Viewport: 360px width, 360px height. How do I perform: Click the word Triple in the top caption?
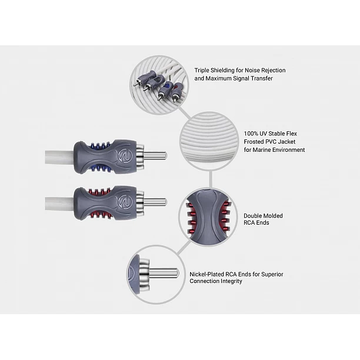[202, 70]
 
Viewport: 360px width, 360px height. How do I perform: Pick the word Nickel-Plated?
[206, 274]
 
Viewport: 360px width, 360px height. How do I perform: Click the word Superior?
[272, 274]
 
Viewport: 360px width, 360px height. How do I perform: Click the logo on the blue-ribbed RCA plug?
[125, 156]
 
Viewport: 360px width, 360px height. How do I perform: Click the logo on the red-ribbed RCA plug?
[125, 202]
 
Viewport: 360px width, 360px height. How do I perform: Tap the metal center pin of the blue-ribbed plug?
[155, 156]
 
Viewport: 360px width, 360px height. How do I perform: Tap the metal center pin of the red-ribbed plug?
[155, 202]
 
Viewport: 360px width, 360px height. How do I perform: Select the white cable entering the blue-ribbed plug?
[59, 157]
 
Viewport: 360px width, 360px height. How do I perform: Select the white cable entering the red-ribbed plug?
[59, 204]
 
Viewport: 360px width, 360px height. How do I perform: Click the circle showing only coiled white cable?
[209, 141]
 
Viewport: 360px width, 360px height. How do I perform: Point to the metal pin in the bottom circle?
[164, 274]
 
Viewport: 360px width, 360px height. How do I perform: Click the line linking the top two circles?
[185, 113]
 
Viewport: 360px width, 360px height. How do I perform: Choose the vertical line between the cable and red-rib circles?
[211, 179]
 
